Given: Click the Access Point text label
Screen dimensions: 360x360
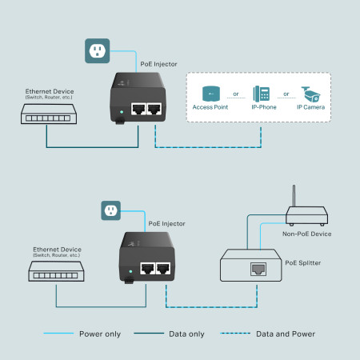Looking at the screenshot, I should pos(211,107).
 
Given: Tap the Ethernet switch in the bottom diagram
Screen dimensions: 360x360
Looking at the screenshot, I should pos(56,274).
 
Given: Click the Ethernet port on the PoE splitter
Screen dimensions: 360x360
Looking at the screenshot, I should pos(259,269).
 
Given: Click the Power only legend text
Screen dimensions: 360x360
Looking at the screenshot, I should pos(100,334).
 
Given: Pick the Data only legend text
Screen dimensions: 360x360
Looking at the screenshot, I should pos(187,334).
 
